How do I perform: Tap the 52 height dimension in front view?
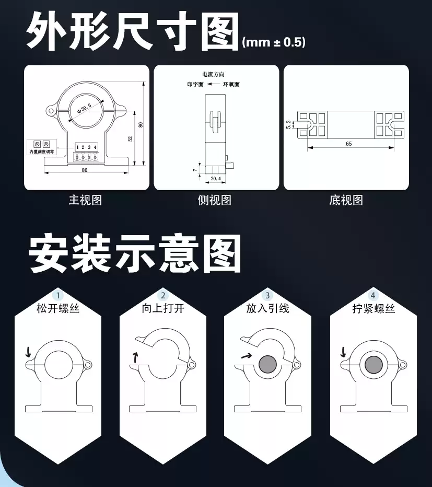(x=131, y=138)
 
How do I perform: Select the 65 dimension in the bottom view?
(x=348, y=144)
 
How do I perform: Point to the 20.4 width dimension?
(x=216, y=179)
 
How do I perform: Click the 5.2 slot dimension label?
(x=288, y=124)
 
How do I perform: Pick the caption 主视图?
(x=85, y=200)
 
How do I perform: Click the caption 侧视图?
(x=215, y=200)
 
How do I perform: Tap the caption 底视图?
(x=346, y=200)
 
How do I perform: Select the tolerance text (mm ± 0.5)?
(x=274, y=42)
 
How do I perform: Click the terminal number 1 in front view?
(x=77, y=147)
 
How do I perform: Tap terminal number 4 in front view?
(x=95, y=147)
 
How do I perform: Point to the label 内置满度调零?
(x=42, y=152)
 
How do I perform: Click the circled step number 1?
(x=58, y=295)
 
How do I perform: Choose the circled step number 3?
(x=267, y=295)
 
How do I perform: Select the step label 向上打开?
(x=163, y=308)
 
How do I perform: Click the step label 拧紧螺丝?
(x=373, y=309)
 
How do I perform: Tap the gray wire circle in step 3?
(x=267, y=364)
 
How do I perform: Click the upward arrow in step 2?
(x=135, y=357)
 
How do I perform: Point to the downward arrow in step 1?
(x=29, y=352)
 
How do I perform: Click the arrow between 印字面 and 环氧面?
(x=213, y=84)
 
